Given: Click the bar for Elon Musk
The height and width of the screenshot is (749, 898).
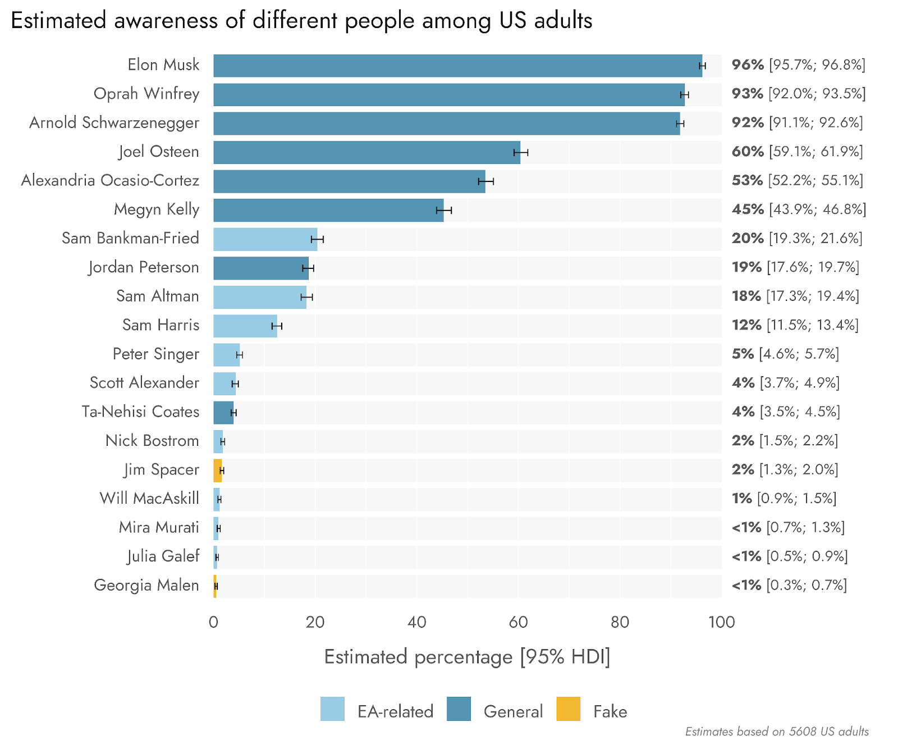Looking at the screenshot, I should (x=457, y=66).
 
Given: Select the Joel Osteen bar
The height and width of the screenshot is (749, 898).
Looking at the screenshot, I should (x=366, y=152).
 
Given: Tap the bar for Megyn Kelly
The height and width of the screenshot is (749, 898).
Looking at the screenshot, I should (x=328, y=210).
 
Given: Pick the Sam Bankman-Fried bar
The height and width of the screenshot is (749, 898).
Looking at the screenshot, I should (x=265, y=239).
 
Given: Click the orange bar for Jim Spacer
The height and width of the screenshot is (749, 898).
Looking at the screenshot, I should (x=217, y=471).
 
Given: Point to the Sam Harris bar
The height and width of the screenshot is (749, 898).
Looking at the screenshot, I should (x=245, y=326).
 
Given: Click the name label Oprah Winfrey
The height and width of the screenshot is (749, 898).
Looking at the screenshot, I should (x=146, y=94).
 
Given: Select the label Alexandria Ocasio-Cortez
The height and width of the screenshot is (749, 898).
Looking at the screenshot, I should (x=110, y=180).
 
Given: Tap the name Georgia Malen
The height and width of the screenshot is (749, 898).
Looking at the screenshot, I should (x=146, y=585).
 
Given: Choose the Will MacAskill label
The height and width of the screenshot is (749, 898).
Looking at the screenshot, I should (x=149, y=499).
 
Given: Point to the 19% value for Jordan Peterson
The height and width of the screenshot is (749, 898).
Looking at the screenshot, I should (x=746, y=267).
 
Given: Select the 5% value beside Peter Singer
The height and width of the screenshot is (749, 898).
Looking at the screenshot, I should (x=743, y=354).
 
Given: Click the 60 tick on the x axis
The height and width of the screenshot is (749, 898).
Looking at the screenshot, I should (x=518, y=622).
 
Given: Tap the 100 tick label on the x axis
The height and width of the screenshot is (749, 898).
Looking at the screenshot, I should (x=721, y=622).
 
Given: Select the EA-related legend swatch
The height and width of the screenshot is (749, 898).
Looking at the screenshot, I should (x=332, y=709).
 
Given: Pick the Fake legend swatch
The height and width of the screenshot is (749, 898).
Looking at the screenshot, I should (x=568, y=709).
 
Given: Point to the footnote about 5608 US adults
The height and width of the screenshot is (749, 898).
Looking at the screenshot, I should (x=777, y=732).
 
